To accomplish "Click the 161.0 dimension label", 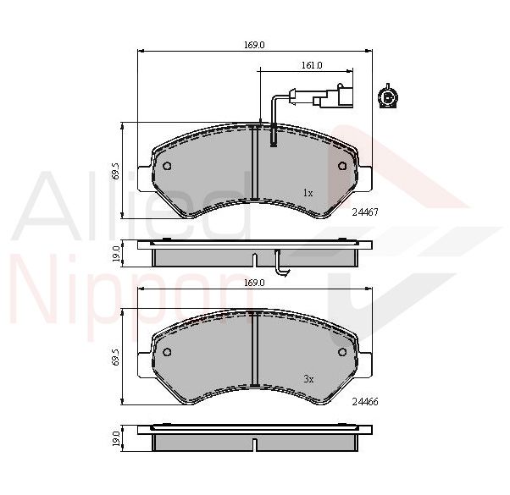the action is (x=312, y=65).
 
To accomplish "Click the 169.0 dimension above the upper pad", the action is (x=254, y=45).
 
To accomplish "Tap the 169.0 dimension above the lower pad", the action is (x=254, y=283).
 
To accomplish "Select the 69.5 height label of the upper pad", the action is (x=116, y=171).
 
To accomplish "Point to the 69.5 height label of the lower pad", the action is (x=116, y=356).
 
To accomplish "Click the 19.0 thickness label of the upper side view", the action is (x=116, y=254).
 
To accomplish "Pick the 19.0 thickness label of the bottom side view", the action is (x=116, y=437).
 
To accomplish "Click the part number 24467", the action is (x=365, y=212).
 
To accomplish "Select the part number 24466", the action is (x=365, y=402).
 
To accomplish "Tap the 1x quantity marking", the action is (x=308, y=193).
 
